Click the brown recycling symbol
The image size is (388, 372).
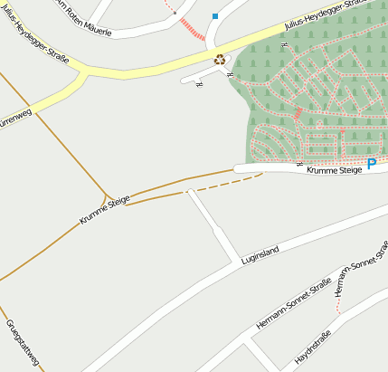(220, 60)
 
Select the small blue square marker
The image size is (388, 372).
(215, 16)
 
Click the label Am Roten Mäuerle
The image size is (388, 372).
(83, 18)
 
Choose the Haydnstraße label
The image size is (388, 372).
(312, 349)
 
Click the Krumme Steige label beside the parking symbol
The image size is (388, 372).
(333, 169)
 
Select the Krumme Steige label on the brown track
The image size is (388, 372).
(104, 209)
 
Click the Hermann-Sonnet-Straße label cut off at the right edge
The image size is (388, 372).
(360, 273)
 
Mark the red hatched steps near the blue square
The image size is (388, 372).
(193, 28)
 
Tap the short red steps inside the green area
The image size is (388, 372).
(298, 113)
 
